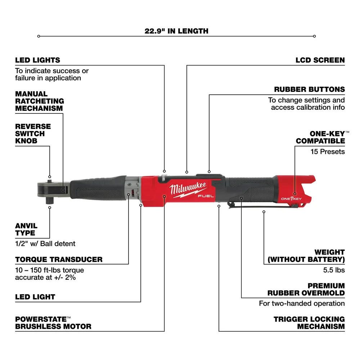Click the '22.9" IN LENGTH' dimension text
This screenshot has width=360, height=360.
(x=176, y=31)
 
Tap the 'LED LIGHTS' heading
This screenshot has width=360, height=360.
(x=37, y=60)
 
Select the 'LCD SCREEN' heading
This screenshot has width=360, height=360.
(x=320, y=60)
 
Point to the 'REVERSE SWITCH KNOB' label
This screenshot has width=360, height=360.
(x=33, y=134)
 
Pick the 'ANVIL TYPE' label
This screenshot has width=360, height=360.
(x=26, y=229)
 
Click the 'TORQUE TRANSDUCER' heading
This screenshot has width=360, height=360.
(x=59, y=259)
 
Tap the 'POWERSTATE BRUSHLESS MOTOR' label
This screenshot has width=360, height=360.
(x=53, y=323)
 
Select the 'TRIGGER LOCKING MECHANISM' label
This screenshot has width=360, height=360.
(x=309, y=323)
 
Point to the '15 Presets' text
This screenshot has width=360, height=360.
(x=328, y=152)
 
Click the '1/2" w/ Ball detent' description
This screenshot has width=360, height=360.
(x=45, y=244)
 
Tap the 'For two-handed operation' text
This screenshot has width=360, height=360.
(x=302, y=303)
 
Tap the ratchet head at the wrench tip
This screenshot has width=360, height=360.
(x=50, y=187)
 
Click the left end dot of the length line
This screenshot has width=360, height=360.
(x=39, y=36)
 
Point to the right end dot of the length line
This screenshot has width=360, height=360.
(x=314, y=36)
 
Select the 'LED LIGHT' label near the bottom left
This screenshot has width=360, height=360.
(x=35, y=297)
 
